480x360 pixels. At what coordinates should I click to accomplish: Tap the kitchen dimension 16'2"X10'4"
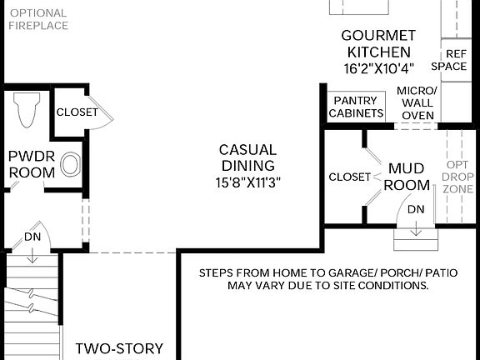tap(377, 68)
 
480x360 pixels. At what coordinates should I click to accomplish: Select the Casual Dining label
tap(247, 157)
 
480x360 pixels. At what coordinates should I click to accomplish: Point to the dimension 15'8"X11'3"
tap(247, 181)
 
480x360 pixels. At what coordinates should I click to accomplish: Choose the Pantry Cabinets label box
tap(357, 107)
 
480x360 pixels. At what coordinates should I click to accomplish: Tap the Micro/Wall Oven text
tap(416, 102)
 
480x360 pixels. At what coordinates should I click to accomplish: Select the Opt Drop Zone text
tap(457, 177)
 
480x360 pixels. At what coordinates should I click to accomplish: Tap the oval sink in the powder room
tap(70, 165)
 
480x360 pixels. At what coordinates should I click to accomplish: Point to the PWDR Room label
tap(32, 164)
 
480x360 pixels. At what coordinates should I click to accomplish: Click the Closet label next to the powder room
tap(77, 112)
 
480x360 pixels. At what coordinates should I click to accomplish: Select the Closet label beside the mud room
tap(349, 177)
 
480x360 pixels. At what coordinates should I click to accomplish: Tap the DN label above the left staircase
tap(32, 237)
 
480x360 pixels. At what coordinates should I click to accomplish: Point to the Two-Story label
tap(119, 348)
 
